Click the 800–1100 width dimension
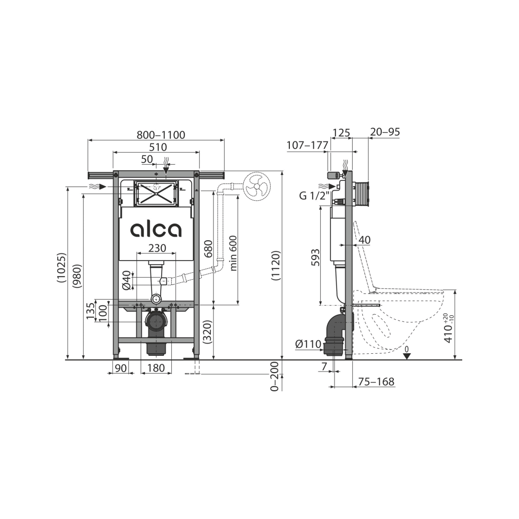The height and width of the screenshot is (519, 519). pyautogui.click(x=161, y=135)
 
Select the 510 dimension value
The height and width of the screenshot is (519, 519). pyautogui.click(x=158, y=147)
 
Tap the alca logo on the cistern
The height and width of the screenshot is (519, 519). pyautogui.click(x=156, y=229)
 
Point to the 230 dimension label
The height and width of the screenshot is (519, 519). pyautogui.click(x=157, y=248)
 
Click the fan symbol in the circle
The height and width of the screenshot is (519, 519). pyautogui.click(x=257, y=187)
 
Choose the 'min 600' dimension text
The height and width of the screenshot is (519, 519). pyautogui.click(x=233, y=253)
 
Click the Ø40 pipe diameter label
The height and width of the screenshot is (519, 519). pyautogui.click(x=127, y=280)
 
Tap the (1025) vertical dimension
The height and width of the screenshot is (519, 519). pyautogui.click(x=61, y=268)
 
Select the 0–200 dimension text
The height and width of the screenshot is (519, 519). pyautogui.click(x=274, y=377)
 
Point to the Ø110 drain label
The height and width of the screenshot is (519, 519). pyautogui.click(x=309, y=344)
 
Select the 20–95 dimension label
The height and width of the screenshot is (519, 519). pyautogui.click(x=385, y=132)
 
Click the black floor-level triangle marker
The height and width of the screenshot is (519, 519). pyautogui.click(x=407, y=356)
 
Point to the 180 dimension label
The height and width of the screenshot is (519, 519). pyautogui.click(x=156, y=368)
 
